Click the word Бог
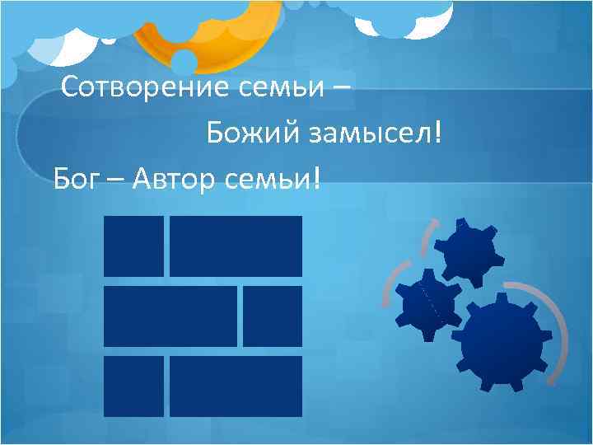(74, 176)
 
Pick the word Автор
(170, 176)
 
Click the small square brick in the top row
(133, 246)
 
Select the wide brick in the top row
(236, 246)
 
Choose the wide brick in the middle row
(170, 316)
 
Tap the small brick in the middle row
(273, 316)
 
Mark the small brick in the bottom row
(133, 386)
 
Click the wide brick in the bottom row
(236, 386)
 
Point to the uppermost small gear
(466, 254)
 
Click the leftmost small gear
(427, 303)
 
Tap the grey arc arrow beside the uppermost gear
(426, 239)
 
